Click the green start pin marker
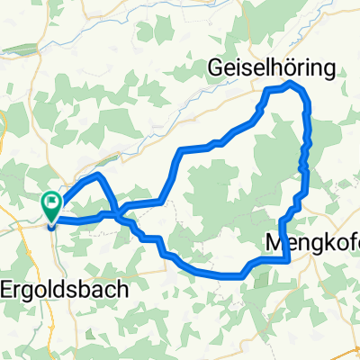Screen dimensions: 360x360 [x=51, y=207]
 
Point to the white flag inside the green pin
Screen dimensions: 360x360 [x=51, y=203]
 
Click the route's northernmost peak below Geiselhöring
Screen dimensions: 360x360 [x=288, y=84]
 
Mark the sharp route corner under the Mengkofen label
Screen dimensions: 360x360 [x=287, y=261]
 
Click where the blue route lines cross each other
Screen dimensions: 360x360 [x=118, y=214]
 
